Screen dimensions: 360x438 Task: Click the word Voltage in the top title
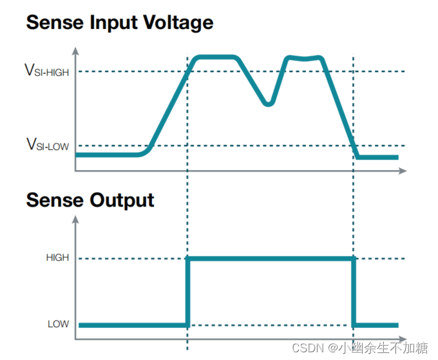pos(175,24)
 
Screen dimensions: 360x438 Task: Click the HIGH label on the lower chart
pos(57,258)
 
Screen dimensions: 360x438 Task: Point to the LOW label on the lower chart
pos(59,324)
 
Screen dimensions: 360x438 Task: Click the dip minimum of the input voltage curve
pos(269,102)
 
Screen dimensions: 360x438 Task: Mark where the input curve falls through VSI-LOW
pos(354,146)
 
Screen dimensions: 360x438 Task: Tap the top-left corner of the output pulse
pos(188,258)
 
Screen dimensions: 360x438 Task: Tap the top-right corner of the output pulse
pos(354,258)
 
